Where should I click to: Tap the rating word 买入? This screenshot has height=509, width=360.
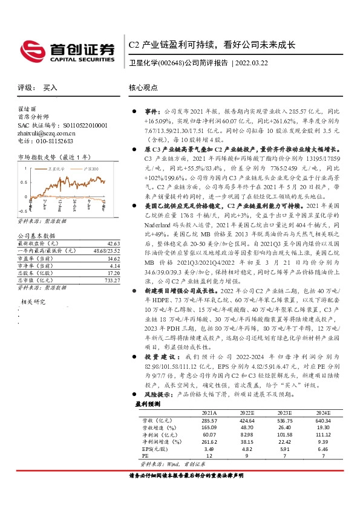[50, 88]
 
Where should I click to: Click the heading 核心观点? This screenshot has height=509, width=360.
[143, 88]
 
